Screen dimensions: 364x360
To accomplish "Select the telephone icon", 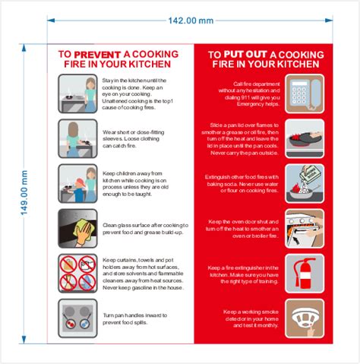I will pyautogui.click(x=305, y=93).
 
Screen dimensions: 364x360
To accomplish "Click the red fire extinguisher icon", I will pyautogui.click(x=305, y=273).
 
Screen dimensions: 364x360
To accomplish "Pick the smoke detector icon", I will pyautogui.click(x=305, y=318).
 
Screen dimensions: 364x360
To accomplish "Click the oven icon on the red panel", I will pyautogui.click(x=305, y=228).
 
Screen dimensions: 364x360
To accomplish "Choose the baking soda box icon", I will pyautogui.click(x=305, y=183).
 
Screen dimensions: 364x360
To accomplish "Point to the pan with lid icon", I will pyautogui.click(x=305, y=138).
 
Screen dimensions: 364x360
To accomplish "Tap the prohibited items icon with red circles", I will pyautogui.click(x=77, y=273).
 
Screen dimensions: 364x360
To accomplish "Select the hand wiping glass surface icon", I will pyautogui.click(x=77, y=228).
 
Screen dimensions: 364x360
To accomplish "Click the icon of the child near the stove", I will pyautogui.click(x=77, y=183).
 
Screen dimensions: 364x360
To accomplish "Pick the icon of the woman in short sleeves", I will pyautogui.click(x=77, y=138).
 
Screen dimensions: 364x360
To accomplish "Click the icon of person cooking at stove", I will pyautogui.click(x=77, y=93).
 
